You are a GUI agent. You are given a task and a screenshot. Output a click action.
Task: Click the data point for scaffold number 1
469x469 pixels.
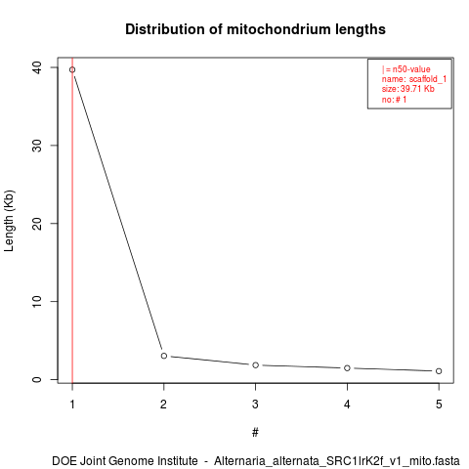click(72, 69)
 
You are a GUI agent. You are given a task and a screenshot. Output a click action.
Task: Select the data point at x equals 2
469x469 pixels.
click(164, 356)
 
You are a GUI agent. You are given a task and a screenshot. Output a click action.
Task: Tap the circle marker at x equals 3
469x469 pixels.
click(256, 365)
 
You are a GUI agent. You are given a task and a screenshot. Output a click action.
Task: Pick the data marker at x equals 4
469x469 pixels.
click(347, 368)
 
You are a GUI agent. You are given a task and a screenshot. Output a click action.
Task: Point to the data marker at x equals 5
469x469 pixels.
click(439, 371)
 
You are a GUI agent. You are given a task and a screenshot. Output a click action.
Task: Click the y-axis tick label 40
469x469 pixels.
click(37, 67)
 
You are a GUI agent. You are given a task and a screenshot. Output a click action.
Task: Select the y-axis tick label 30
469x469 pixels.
click(37, 146)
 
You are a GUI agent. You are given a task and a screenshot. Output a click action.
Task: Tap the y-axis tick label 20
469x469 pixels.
click(37, 223)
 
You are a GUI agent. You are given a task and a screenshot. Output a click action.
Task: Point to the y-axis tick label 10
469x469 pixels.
click(37, 301)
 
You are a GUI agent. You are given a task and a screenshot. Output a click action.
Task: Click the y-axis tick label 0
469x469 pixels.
click(37, 379)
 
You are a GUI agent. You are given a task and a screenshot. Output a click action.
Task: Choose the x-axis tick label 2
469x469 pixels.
click(163, 405)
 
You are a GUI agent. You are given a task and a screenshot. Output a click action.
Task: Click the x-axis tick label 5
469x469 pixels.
click(439, 405)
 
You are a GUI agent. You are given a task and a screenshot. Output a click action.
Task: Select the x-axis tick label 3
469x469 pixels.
click(255, 405)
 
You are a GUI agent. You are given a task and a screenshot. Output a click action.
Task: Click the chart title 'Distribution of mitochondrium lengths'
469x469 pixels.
click(255, 29)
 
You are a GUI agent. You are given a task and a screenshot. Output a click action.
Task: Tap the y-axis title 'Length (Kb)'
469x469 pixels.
click(9, 221)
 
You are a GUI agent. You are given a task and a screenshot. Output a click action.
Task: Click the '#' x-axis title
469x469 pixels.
click(255, 433)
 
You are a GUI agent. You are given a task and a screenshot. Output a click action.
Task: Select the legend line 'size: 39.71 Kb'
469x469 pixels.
click(408, 89)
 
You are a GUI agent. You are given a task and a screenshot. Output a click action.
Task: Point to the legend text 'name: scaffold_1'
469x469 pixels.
click(414, 79)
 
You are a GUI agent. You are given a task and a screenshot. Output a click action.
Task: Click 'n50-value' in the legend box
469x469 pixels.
click(411, 69)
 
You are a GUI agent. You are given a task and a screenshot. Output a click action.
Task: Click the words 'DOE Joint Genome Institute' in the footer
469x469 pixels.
click(125, 461)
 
